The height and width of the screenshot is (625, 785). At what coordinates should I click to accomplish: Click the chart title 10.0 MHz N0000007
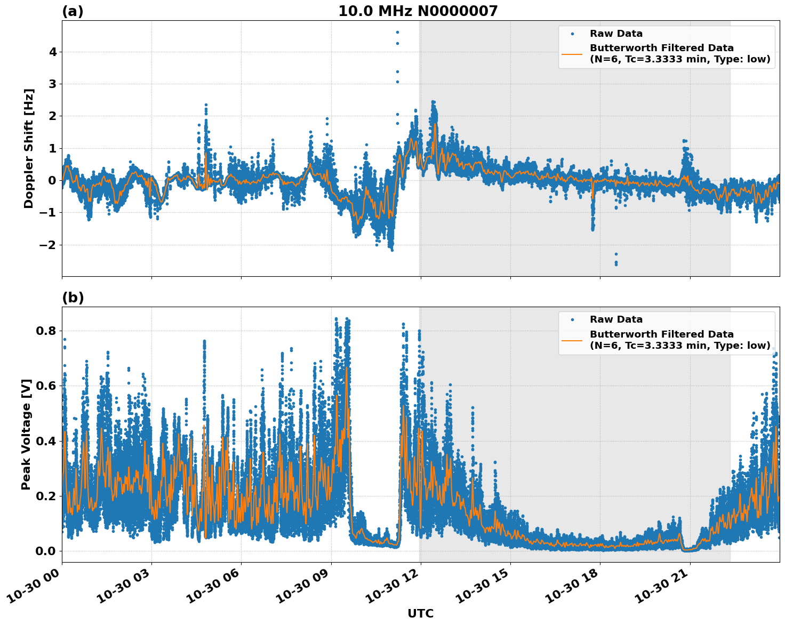[418, 11]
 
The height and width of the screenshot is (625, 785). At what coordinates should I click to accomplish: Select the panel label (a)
[73, 11]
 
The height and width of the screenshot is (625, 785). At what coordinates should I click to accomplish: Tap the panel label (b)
[73, 298]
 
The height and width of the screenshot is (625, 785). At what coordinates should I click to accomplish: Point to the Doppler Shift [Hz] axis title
[29, 148]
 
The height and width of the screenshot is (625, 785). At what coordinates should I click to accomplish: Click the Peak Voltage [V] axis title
[26, 434]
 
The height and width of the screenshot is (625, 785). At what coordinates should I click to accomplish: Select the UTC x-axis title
[420, 613]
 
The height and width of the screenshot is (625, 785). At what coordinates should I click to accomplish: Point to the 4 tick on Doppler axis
[53, 52]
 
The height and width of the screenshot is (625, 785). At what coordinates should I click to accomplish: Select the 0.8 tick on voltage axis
[46, 331]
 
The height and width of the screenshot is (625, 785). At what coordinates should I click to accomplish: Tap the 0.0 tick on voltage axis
[46, 551]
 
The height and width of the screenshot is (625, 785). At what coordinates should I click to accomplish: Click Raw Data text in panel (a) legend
[616, 34]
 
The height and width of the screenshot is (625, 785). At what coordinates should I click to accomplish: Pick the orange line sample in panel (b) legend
[572, 340]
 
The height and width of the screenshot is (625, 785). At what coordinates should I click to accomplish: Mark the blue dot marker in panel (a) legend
[572, 34]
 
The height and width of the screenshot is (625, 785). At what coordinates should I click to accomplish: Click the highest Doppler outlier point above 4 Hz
[397, 32]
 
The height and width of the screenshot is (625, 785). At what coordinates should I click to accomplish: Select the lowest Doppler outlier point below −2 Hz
[616, 264]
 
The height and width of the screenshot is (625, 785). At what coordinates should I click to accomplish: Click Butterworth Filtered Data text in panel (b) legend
[661, 334]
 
